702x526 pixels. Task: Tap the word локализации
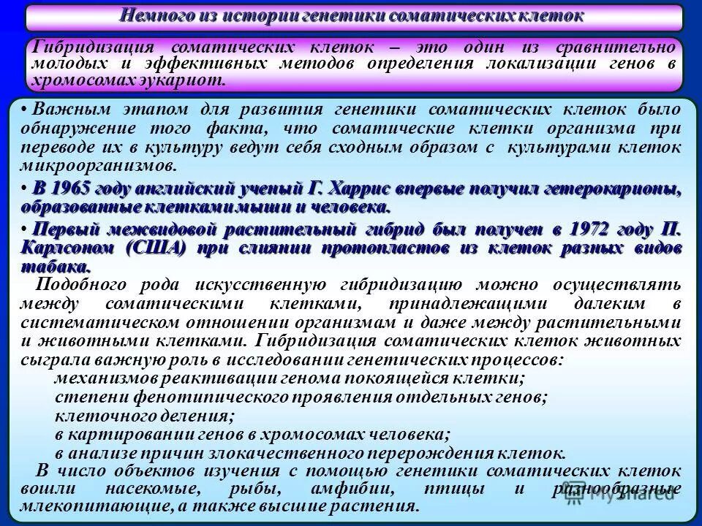tap(540, 64)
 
